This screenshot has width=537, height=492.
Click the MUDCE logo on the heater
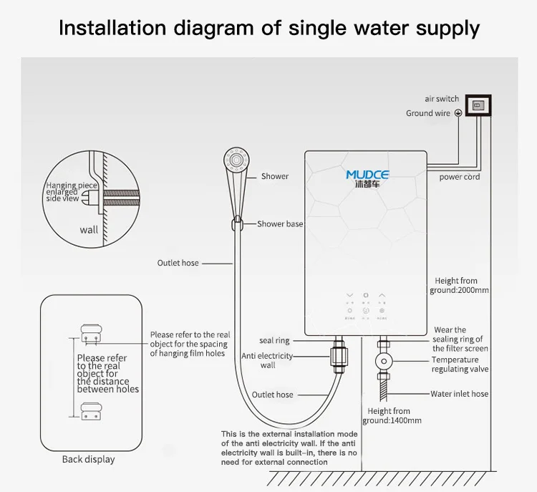(x=367, y=175)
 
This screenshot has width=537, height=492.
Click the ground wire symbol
(x=458, y=113)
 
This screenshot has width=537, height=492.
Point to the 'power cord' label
(x=459, y=177)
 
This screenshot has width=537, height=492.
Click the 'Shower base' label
(x=280, y=224)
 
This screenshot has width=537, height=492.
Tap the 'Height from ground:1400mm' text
(x=391, y=416)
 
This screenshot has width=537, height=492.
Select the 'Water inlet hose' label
(x=459, y=394)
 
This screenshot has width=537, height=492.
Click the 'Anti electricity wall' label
(x=267, y=360)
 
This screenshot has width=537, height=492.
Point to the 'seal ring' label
(x=274, y=341)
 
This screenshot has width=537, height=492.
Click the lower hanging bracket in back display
(x=90, y=411)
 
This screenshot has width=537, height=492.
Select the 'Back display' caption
(x=88, y=459)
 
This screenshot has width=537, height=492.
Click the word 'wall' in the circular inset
(x=89, y=231)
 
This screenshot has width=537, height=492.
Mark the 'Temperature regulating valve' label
(x=460, y=365)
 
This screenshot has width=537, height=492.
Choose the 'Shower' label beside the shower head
(x=275, y=176)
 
